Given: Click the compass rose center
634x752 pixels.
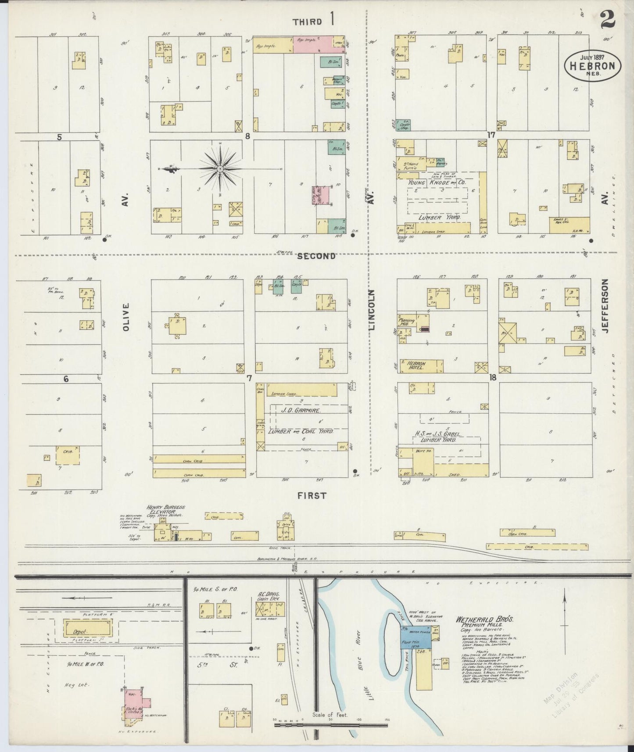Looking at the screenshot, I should tap(219, 168).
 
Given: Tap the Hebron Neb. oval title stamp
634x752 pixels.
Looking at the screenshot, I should tap(592, 66).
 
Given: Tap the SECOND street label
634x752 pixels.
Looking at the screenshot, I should tap(316, 256).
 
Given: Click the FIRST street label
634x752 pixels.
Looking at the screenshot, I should tap(312, 495).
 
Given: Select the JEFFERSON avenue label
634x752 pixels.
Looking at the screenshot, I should tap(606, 306).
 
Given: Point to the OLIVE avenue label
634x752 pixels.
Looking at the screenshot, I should tap(126, 316).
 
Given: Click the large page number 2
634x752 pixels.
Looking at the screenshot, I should tap(607, 20).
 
